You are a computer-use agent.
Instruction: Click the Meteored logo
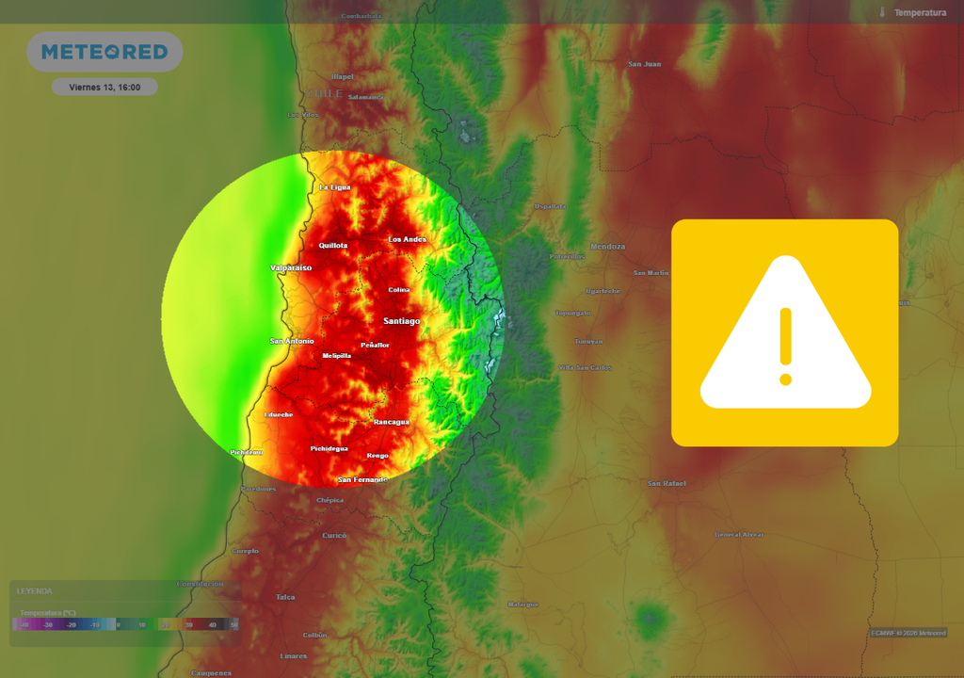104,52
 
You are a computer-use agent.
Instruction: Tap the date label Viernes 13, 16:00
104,87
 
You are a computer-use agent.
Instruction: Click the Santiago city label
402,321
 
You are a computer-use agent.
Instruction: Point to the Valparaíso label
291,267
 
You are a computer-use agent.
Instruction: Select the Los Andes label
408,239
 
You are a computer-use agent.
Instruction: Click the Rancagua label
392,422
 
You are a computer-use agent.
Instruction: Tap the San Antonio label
292,341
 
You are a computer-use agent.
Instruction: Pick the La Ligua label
335,187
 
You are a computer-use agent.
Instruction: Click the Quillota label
333,245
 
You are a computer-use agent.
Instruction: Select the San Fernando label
363,479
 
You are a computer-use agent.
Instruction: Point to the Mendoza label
607,247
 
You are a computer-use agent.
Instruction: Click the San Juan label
645,64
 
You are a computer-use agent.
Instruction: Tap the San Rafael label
667,484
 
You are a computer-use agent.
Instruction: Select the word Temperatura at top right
920,12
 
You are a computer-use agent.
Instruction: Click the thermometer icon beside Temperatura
883,12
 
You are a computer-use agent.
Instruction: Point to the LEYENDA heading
35,591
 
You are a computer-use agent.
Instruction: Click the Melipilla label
336,356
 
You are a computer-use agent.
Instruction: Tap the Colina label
399,289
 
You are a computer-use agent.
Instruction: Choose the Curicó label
334,535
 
